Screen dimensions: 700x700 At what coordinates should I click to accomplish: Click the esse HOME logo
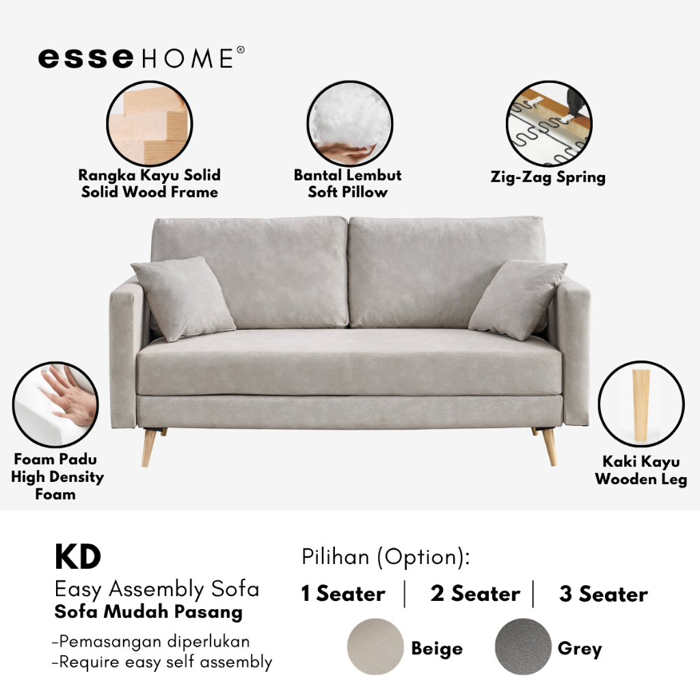[141, 58]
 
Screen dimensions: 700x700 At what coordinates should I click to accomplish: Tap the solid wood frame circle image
[150, 124]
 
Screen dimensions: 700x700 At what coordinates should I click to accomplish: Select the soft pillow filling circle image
[349, 124]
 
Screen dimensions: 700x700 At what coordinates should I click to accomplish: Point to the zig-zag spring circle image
[549, 124]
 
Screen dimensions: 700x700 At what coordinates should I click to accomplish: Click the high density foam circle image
[55, 405]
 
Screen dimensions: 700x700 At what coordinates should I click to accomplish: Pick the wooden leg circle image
[641, 403]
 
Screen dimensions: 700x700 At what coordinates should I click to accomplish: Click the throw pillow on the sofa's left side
[183, 299]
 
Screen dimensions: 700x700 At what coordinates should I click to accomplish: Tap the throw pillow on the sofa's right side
[517, 300]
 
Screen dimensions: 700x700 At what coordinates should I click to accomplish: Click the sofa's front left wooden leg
[148, 447]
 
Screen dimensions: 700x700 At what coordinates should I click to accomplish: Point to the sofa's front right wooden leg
[550, 446]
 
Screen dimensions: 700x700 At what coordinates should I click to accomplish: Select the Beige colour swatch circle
[375, 647]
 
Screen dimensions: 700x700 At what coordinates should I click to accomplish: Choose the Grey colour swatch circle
[523, 647]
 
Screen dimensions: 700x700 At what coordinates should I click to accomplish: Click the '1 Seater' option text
[343, 594]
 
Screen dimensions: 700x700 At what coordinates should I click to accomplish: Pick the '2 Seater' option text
[476, 594]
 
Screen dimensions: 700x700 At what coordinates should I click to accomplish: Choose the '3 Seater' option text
[604, 594]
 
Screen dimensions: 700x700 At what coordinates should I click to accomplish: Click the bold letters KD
[78, 557]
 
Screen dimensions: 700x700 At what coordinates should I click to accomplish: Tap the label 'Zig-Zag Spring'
[548, 177]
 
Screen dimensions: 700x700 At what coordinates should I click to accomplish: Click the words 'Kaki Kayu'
[641, 461]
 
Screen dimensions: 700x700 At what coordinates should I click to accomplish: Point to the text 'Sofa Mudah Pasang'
[148, 612]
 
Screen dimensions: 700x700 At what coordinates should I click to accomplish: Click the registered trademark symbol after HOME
[241, 50]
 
